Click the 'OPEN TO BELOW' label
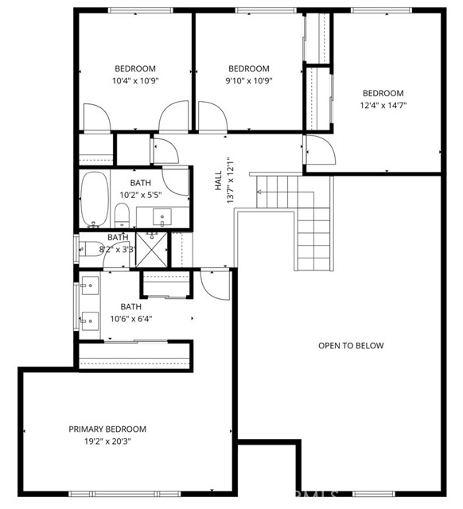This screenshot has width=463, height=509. [x=351, y=345]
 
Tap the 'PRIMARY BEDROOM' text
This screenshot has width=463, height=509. [x=107, y=429]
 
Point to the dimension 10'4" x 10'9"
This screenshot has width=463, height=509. [x=135, y=80]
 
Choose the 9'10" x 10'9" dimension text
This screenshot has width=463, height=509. [x=248, y=80]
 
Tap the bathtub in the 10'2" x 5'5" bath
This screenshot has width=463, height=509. [x=94, y=198]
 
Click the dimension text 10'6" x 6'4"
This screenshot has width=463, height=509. [x=136, y=319]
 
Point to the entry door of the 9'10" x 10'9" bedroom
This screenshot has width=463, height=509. [x=211, y=117]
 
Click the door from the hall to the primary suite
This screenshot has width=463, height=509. [x=214, y=282]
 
